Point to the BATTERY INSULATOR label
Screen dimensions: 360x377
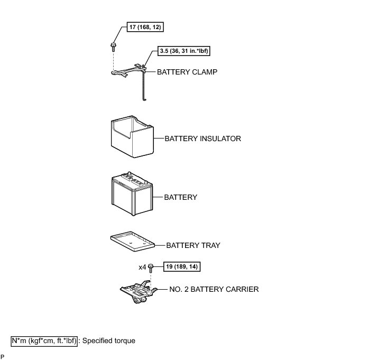tap(203, 139)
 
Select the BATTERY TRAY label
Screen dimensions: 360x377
tap(193, 245)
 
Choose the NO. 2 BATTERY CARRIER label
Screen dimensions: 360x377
tap(214, 289)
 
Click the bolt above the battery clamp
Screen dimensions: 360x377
tap(114, 46)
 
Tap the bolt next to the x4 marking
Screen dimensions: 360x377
tap(151, 267)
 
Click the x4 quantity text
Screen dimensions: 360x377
tap(142, 267)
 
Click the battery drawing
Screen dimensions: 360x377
tap(132, 193)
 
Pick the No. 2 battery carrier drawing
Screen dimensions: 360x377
tap(137, 292)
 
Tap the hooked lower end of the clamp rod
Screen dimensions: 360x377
tap(143, 98)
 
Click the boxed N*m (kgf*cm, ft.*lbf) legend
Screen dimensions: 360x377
tap(44, 341)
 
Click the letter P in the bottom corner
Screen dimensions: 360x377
tap(3, 356)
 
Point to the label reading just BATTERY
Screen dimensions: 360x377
tap(180, 197)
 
